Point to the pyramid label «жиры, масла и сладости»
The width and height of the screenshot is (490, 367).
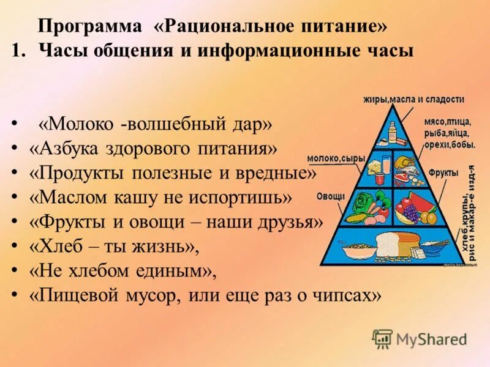click(x=413, y=99)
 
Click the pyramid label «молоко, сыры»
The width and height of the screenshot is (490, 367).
click(x=336, y=158)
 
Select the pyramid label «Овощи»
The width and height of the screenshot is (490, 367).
click(x=331, y=196)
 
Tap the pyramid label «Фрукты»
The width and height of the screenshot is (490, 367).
click(x=443, y=173)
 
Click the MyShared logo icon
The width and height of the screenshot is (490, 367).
click(x=383, y=338)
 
